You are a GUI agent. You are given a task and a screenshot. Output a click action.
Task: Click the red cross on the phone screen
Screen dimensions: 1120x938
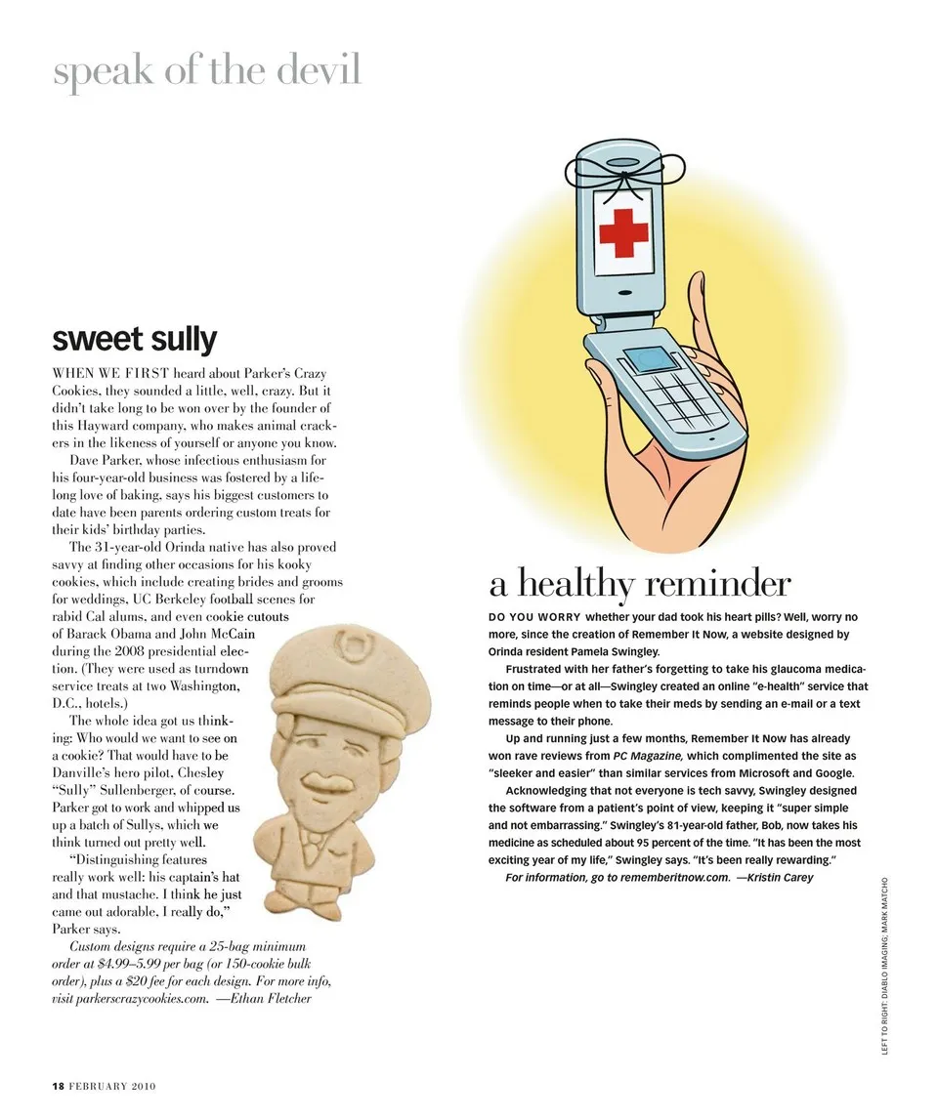tap(624, 231)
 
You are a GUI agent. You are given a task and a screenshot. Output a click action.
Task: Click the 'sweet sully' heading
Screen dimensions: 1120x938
tap(134, 340)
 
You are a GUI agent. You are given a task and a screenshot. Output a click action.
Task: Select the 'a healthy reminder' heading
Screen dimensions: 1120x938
tap(640, 584)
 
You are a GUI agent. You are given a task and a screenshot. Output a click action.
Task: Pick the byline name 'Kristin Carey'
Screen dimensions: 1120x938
tap(780, 877)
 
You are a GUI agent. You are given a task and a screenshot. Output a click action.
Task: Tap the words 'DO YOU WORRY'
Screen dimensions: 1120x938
tap(533, 617)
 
